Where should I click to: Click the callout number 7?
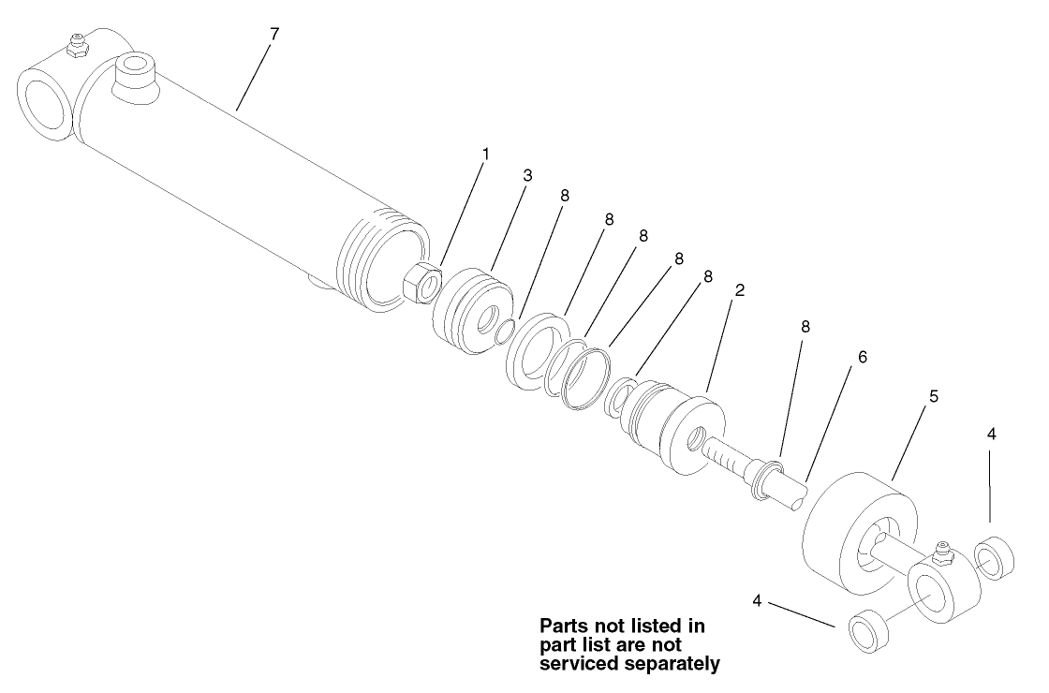point(273,35)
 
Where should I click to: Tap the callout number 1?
point(485,152)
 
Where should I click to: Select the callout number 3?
point(527,176)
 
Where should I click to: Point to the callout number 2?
point(739,290)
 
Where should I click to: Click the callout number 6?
point(863,358)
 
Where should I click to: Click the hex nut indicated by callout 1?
point(422,280)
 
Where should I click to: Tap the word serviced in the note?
point(575,664)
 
